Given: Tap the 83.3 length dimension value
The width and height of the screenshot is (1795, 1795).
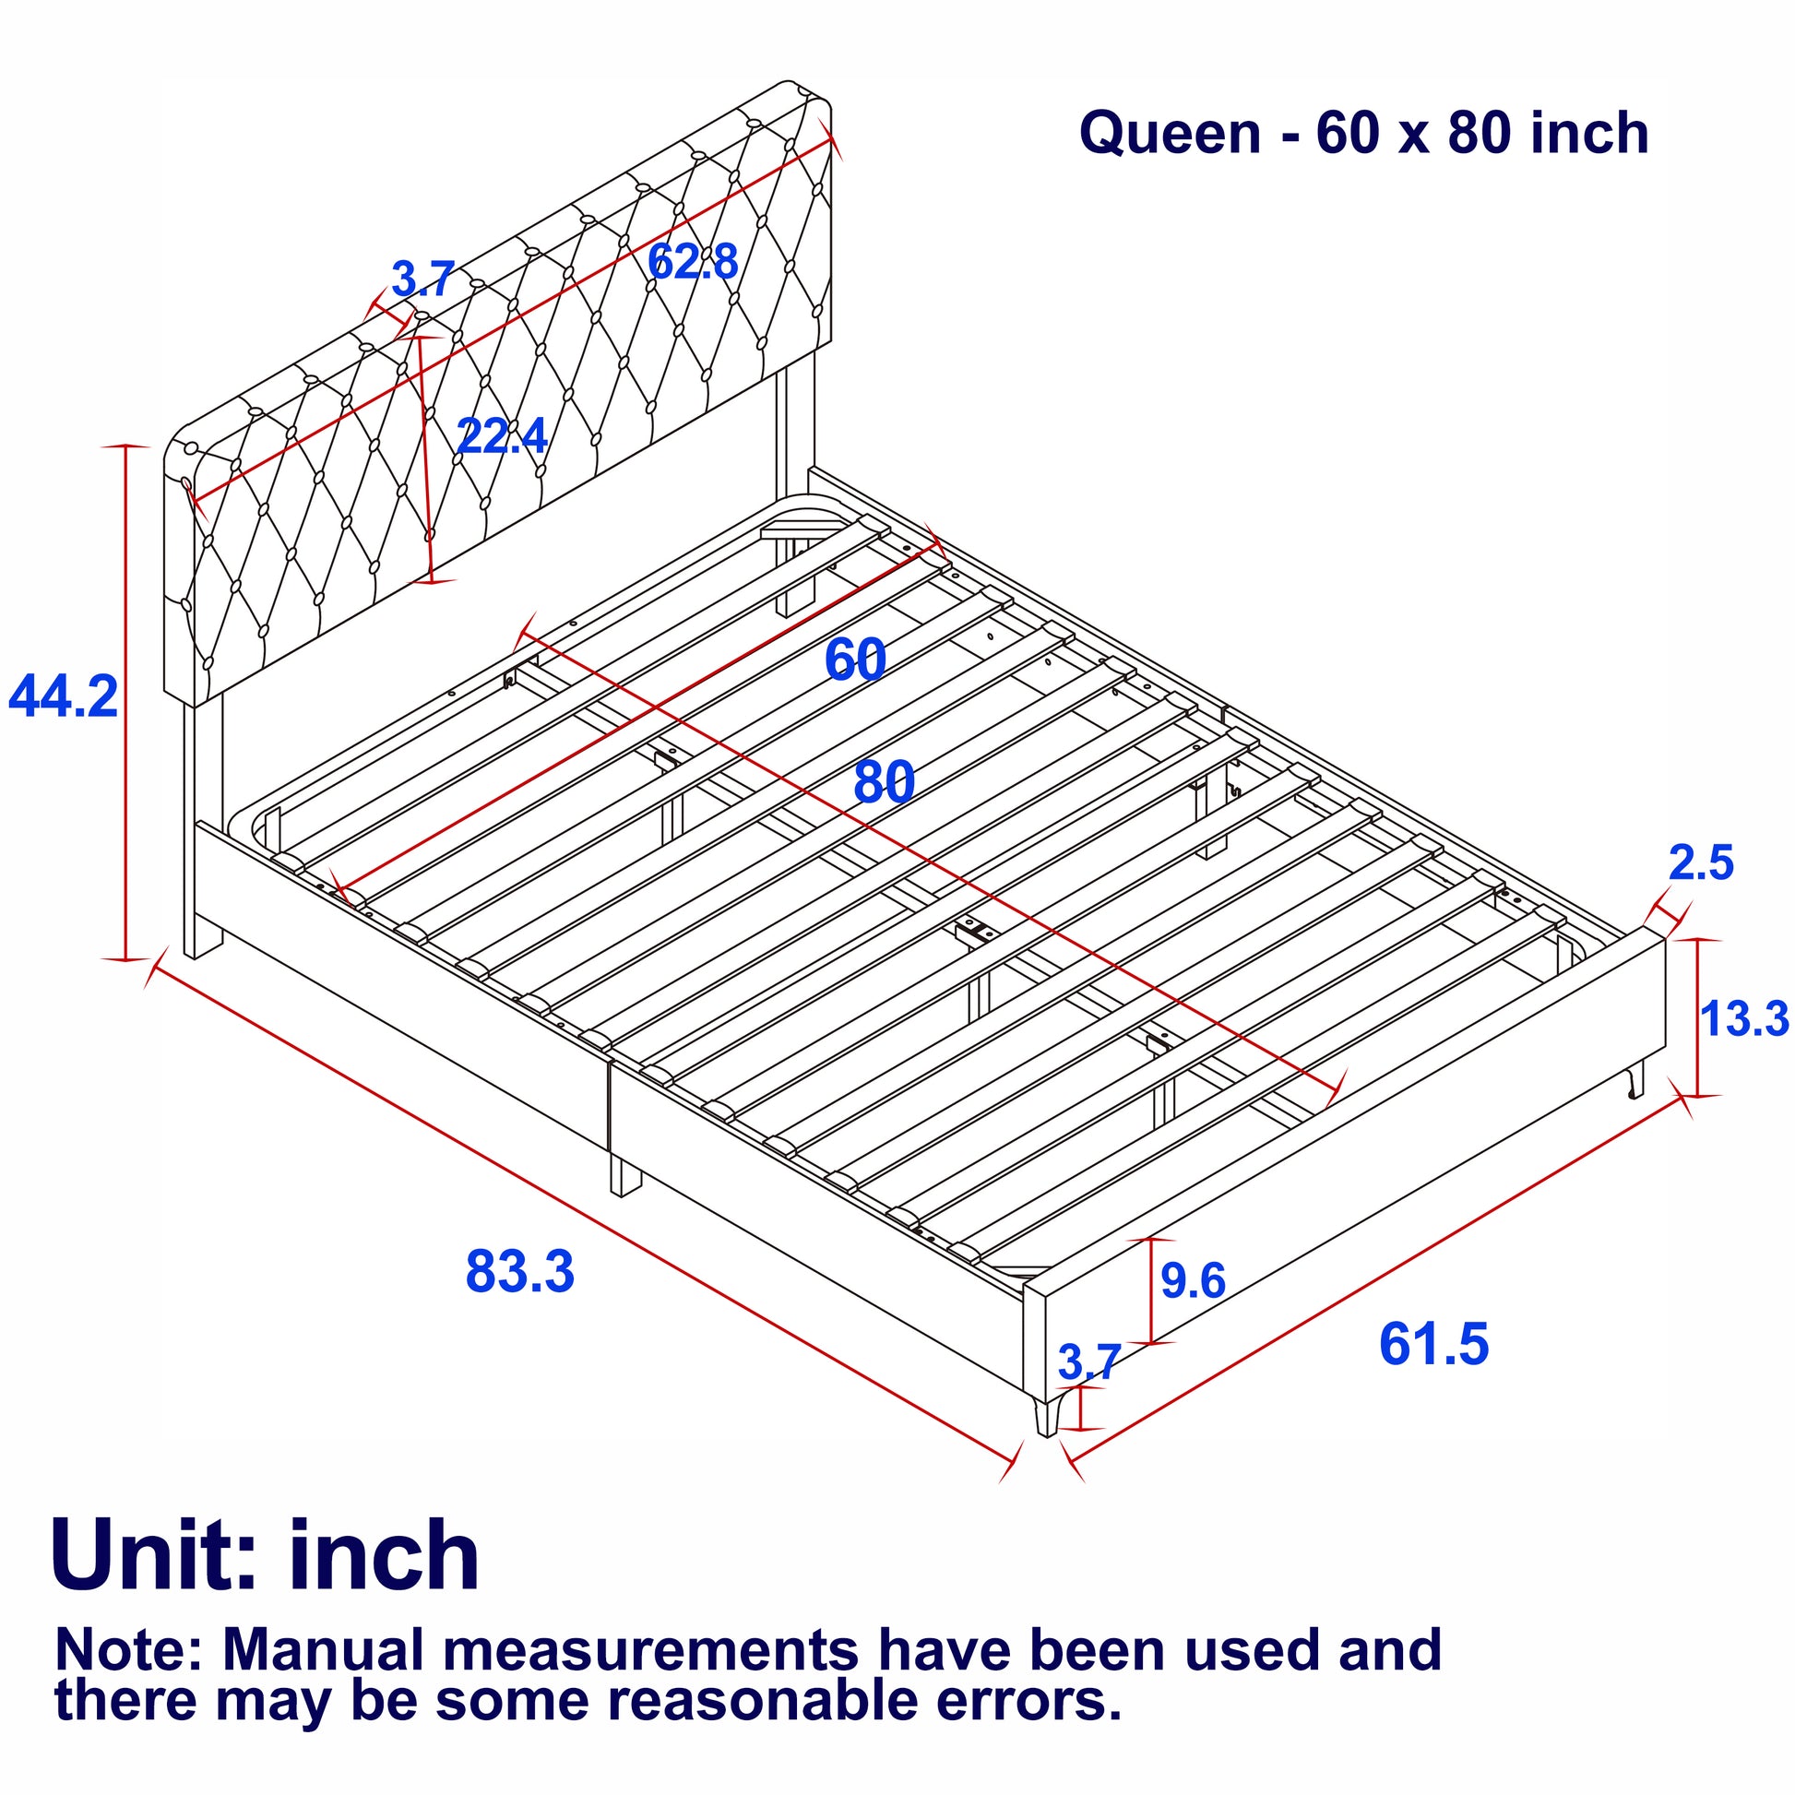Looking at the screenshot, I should click(x=519, y=1272).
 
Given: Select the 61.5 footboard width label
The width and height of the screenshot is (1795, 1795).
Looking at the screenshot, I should click(x=1432, y=1344).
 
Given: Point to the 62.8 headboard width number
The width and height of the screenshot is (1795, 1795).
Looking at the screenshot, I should click(x=692, y=261).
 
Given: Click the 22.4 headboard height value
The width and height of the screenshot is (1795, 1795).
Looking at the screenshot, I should click(x=502, y=435).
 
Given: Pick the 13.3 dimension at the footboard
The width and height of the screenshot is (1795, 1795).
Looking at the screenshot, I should click(x=1744, y=1018).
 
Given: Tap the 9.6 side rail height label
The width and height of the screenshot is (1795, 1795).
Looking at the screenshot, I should click(x=1193, y=1281).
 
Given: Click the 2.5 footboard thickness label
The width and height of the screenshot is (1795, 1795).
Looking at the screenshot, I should click(x=1701, y=863).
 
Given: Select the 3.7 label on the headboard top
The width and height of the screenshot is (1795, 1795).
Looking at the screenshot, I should click(x=422, y=279).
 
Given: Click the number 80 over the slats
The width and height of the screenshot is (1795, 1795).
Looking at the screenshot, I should click(x=884, y=782).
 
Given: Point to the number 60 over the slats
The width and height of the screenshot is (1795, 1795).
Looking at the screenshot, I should click(x=855, y=660).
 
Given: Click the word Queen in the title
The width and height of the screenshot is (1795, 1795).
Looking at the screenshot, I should click(x=1170, y=133).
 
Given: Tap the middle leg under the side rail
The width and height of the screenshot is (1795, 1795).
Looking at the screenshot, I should click(x=625, y=1174).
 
